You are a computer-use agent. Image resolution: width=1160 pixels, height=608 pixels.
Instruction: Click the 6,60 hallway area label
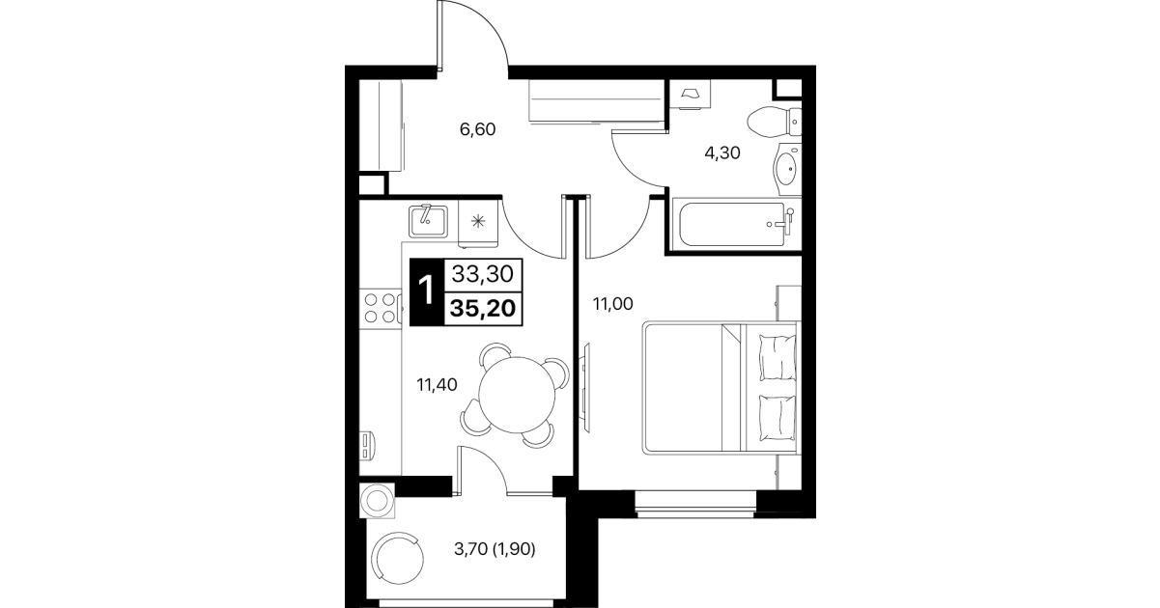(x=477, y=129)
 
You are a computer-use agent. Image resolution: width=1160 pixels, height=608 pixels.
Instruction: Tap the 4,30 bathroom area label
(x=722, y=152)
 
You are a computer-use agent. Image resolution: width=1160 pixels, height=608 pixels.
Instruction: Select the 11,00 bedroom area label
(x=612, y=304)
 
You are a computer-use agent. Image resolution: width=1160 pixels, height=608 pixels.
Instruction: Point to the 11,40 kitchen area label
(x=438, y=384)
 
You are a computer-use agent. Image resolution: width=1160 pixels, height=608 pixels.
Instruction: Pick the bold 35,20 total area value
(x=483, y=309)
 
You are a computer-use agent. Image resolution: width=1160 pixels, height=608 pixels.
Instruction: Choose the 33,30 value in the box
(x=483, y=274)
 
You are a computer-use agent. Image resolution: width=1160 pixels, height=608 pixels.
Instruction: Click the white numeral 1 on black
(x=427, y=290)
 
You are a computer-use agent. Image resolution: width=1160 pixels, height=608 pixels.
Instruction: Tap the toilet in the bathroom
(x=775, y=123)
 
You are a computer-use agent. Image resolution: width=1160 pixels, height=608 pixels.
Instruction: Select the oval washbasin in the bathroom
(x=786, y=169)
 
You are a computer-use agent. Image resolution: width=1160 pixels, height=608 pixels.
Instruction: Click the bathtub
(x=736, y=224)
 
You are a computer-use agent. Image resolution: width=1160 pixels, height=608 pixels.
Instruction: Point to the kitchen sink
(x=428, y=221)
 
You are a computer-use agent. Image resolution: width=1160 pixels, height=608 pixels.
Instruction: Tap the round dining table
(x=517, y=395)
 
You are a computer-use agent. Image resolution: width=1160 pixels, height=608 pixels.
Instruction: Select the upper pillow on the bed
(x=778, y=357)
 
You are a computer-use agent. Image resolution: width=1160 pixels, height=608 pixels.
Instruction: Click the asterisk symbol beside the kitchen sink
(x=478, y=222)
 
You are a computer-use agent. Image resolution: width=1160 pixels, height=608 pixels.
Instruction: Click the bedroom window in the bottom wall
(x=695, y=504)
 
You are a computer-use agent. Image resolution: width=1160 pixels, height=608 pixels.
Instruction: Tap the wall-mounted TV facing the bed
(x=585, y=387)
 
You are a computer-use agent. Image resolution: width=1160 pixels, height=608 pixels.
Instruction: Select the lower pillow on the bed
(x=778, y=418)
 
